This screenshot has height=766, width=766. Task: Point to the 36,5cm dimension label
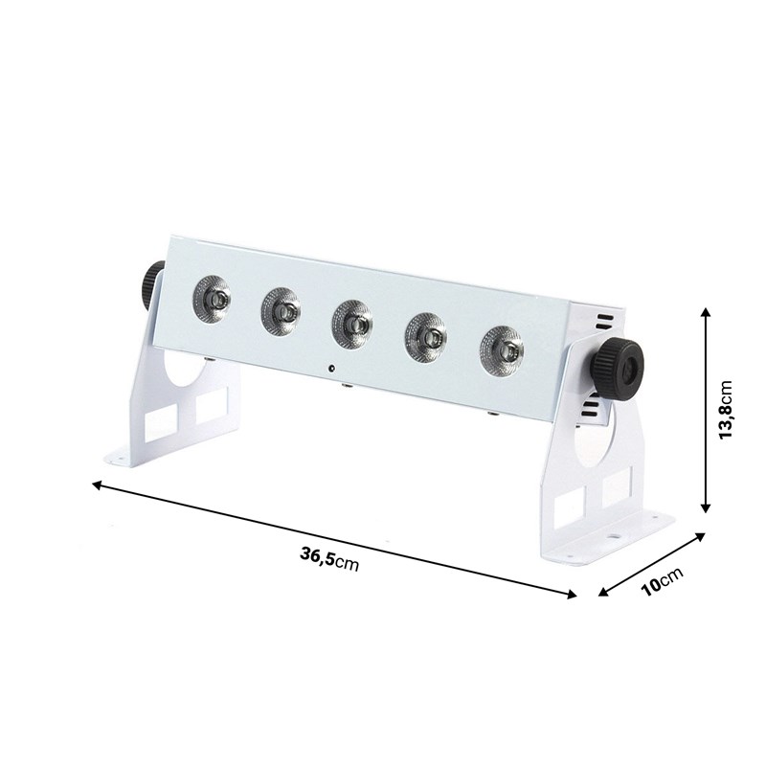coord(328,558)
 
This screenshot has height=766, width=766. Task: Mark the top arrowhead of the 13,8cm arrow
coord(706,312)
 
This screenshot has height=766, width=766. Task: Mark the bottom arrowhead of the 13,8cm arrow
coord(706,508)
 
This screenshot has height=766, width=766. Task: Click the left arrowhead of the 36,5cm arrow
coord(97,485)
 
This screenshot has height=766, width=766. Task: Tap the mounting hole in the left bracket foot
coord(119,459)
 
